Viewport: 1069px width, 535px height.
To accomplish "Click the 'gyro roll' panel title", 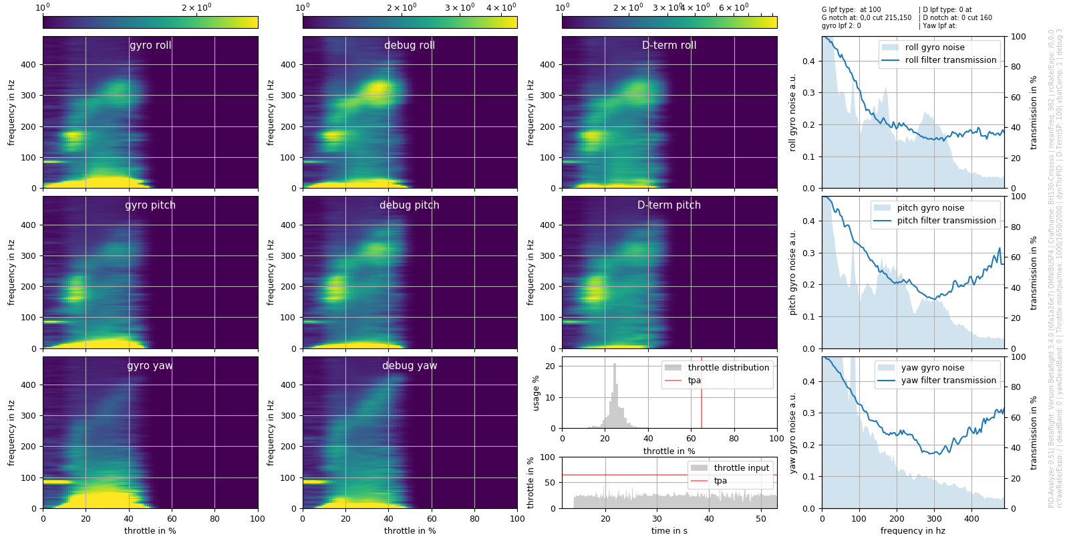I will tap(150, 45).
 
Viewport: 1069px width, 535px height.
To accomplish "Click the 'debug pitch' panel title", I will tap(410, 205).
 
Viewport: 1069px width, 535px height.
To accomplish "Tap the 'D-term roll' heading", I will tap(669, 45).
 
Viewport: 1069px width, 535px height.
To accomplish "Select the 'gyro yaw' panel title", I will tap(150, 366).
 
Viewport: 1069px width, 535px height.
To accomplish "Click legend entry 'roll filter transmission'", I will tap(950, 60).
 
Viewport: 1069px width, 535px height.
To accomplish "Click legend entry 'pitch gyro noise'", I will tap(930, 208).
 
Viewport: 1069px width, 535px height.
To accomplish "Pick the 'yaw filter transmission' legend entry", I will tap(948, 381).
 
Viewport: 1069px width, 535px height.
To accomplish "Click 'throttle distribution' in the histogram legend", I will tap(728, 368).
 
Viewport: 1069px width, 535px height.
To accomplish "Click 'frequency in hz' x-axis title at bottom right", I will tap(913, 530).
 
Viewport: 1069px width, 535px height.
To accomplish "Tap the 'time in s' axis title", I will tap(669, 530).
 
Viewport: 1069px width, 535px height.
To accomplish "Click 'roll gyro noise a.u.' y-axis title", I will tap(793, 112).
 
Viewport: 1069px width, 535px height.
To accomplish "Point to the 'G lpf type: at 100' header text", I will tap(851, 10).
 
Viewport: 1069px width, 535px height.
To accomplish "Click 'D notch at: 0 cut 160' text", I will tap(957, 18).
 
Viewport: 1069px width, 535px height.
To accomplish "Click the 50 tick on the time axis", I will tap(761, 518).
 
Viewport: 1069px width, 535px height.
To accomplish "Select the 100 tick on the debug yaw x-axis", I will tap(517, 518).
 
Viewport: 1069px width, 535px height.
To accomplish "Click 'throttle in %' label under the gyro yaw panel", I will tap(150, 530).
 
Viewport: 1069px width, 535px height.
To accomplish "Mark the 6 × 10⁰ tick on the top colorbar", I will tap(734, 8).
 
